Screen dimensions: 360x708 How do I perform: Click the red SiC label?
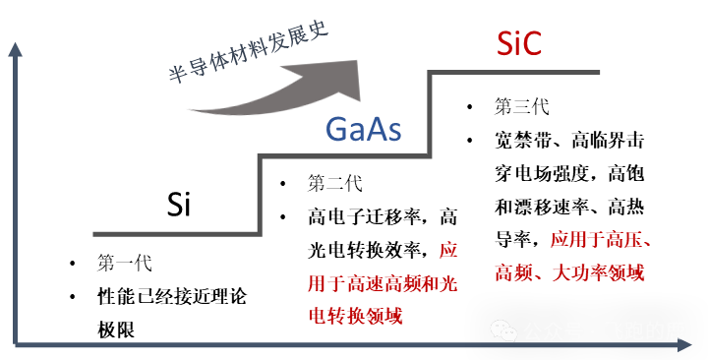pyautogui.click(x=518, y=43)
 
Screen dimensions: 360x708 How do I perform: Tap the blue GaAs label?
pyautogui.click(x=363, y=129)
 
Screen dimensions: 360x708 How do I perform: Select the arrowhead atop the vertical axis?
pyautogui.click(x=15, y=48)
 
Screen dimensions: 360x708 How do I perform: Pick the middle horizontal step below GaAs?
pyautogui.click(x=344, y=155)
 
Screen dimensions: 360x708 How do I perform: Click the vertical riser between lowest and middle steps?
pyautogui.click(x=260, y=195)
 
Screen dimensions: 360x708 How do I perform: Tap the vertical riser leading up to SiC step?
pyautogui.click(x=430, y=113)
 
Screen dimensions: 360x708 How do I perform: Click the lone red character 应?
pyautogui.click(x=447, y=250)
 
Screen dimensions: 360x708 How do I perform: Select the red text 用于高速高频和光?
pyautogui.click(x=383, y=284)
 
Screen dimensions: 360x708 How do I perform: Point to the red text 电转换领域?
pyautogui.click(x=355, y=316)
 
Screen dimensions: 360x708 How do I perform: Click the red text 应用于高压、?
pyautogui.click(x=602, y=239)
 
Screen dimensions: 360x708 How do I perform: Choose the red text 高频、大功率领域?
pyautogui.click(x=569, y=272)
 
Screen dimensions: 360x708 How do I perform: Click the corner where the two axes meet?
pyautogui.click(x=16, y=345)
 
